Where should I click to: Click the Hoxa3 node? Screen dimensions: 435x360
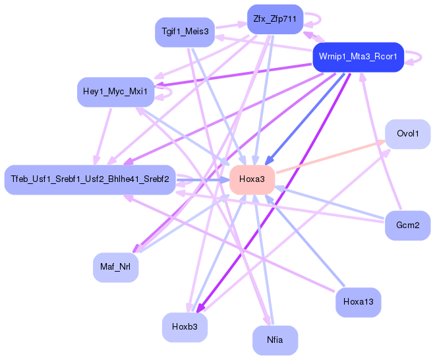tap(252, 179)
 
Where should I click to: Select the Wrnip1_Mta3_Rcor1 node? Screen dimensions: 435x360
tap(358, 57)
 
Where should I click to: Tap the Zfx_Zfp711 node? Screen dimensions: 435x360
tap(275, 19)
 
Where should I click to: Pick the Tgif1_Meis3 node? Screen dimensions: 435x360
tap(185, 32)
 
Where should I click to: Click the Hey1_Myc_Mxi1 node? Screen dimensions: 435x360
tap(115, 92)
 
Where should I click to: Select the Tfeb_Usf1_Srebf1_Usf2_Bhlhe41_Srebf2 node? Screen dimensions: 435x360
tap(90, 179)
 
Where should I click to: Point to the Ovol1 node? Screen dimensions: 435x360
tap(407, 134)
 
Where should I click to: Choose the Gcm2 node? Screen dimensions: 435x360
tap(407, 225)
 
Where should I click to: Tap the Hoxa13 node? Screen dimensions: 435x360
tap(358, 302)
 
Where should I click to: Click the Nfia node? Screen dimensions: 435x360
tap(275, 340)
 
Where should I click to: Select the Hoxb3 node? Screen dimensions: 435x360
tap(185, 327)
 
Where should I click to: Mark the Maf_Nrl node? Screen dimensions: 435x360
tap(115, 267)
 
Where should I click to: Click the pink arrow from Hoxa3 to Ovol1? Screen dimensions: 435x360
tap(331, 157)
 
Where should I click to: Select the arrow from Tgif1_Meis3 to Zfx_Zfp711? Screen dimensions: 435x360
tap(231, 26)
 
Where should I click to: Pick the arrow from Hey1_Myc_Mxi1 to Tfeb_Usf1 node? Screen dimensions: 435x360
tap(103, 136)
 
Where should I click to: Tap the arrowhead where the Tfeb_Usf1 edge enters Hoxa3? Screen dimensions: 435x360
tap(225, 180)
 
